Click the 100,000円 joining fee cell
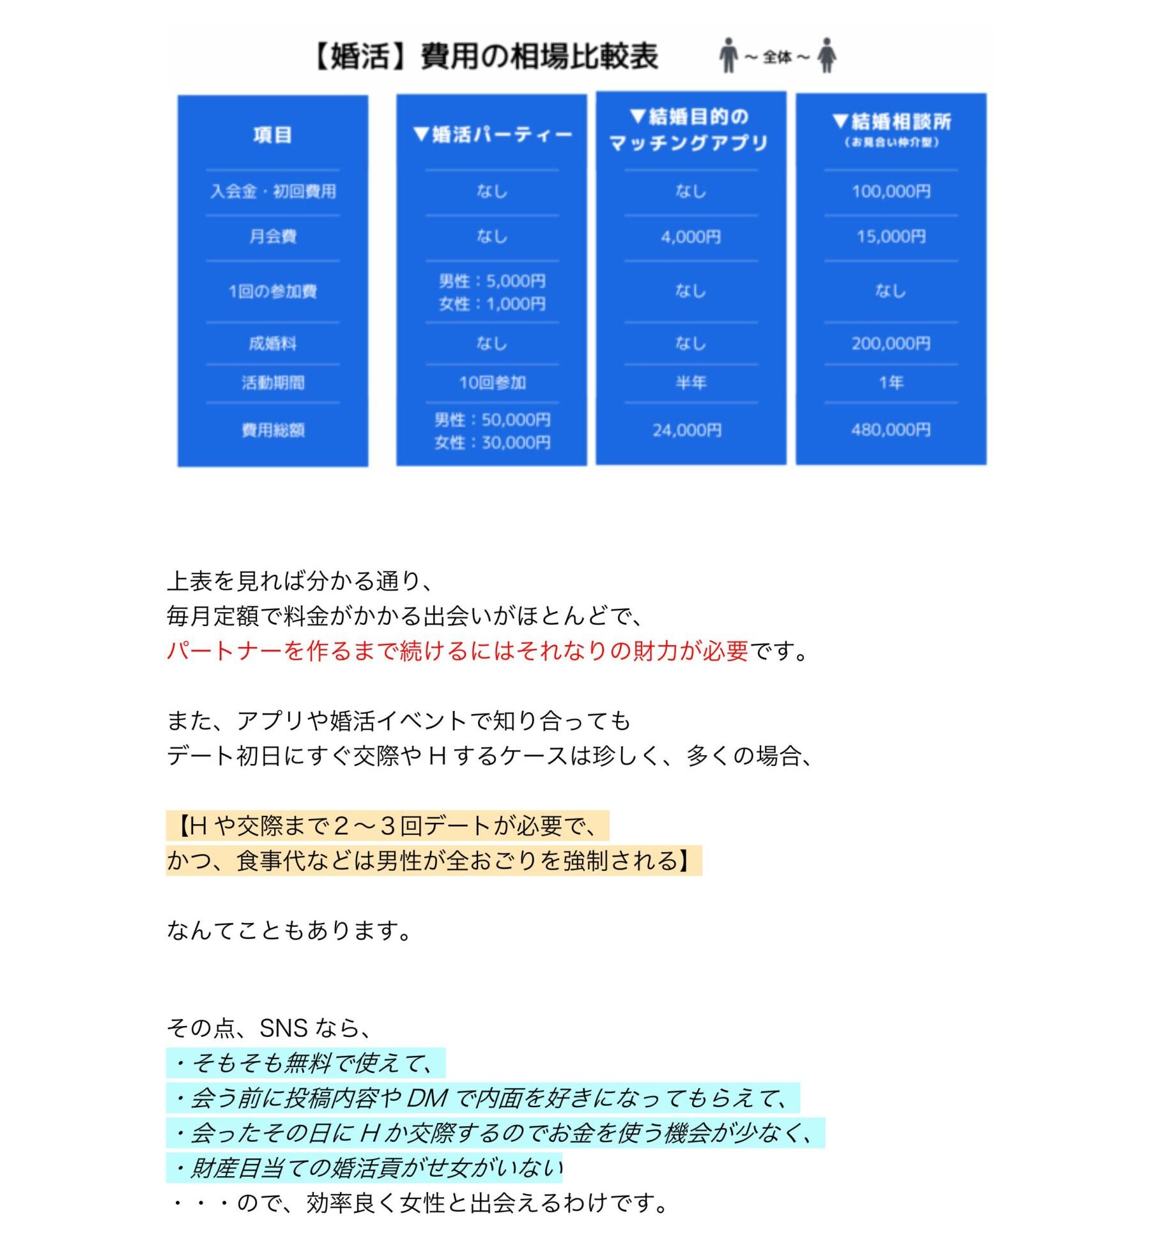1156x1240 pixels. point(891,191)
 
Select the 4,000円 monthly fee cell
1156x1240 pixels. point(691,237)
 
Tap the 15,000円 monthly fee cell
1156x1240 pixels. point(891,236)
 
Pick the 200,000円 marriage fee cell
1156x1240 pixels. point(891,344)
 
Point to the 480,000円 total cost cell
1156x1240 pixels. point(891,430)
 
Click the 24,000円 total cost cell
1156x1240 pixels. point(687,431)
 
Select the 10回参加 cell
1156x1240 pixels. point(492,383)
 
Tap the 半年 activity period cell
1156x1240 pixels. point(691,383)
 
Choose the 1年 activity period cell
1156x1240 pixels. point(891,383)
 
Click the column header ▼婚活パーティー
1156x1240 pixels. point(492,135)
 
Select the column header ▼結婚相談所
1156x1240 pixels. point(891,122)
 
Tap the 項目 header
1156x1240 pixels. point(273,135)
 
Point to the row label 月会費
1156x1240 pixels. point(273,237)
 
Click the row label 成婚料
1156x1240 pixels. point(273,344)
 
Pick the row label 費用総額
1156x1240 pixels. point(273,430)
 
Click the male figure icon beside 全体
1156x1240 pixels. point(728,56)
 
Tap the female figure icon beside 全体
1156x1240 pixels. point(827,56)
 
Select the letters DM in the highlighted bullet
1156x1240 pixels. point(427,1098)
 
